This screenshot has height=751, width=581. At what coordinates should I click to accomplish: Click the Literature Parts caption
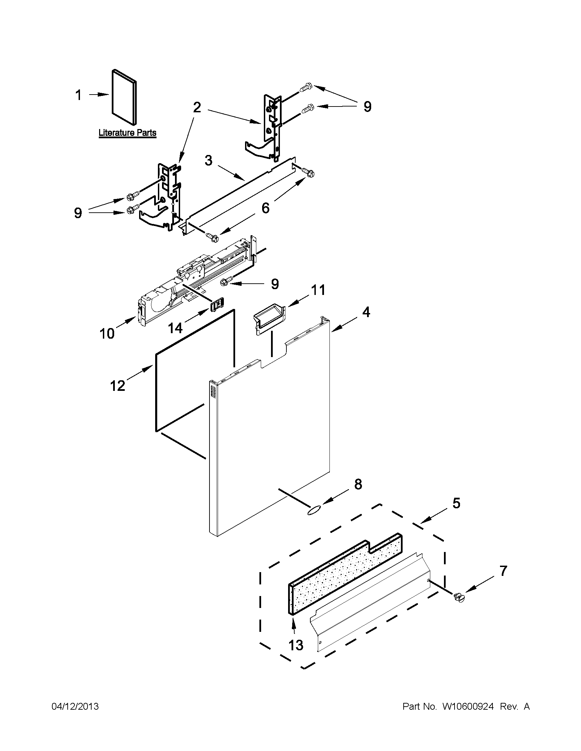pos(127,133)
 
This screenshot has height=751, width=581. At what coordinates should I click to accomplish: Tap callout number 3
pos(208,160)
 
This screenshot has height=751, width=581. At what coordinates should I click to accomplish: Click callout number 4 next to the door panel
pos(366,312)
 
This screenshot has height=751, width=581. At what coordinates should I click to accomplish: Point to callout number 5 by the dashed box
pos(456,504)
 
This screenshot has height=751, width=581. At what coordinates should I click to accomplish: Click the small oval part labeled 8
pos(314,511)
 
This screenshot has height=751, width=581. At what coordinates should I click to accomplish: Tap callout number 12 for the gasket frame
pos(117,386)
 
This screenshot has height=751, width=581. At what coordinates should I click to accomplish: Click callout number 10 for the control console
pos(107,334)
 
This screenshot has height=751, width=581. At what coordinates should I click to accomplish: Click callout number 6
pos(265,208)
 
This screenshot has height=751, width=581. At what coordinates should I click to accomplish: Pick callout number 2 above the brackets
pos(197,108)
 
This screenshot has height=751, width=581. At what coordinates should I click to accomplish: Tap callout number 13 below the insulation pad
pos(296,646)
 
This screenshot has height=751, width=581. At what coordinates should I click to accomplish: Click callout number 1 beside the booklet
pos(79,95)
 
